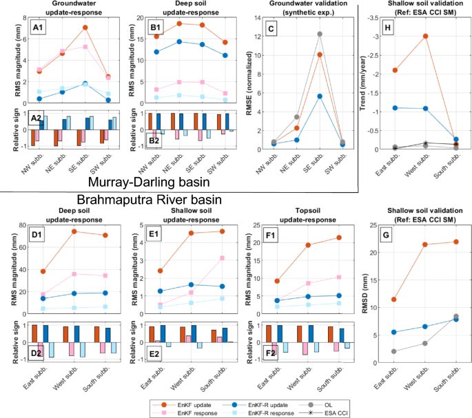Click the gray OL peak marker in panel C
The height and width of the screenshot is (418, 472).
[320, 34]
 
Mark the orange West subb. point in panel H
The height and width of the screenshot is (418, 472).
[426, 36]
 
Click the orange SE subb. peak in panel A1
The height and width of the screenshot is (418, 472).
[85, 28]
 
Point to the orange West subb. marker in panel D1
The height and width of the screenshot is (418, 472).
[74, 231]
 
